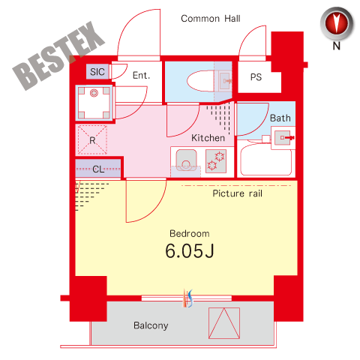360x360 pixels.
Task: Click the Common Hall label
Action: point(211,19)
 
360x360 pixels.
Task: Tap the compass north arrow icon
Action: point(337,24)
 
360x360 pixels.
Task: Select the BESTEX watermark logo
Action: point(58,55)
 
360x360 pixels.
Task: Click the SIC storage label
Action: point(97,72)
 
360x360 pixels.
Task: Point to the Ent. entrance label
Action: point(141,75)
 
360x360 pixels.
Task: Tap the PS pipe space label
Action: point(256,77)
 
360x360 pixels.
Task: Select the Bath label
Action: point(280,118)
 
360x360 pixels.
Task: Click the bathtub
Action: point(265,160)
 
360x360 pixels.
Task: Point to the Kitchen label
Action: point(208,138)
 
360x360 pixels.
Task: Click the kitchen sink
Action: point(186,160)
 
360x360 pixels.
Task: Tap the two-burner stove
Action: point(216,161)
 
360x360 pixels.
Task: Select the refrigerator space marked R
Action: point(92,140)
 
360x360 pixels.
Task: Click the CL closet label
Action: point(98,169)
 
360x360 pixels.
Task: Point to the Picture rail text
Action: point(237,193)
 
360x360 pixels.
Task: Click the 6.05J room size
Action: point(190,250)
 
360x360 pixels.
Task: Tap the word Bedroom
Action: point(190,234)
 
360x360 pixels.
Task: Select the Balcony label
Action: point(151,325)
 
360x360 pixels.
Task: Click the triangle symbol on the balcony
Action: point(224,323)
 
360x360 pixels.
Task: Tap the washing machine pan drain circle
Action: point(94,93)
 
